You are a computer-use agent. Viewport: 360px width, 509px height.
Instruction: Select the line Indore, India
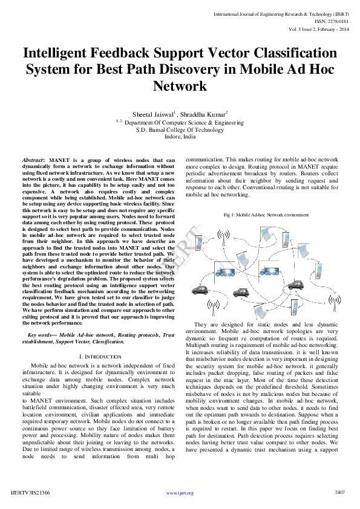pos(180,137)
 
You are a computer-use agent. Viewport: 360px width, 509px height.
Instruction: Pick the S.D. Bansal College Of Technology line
pos(180,129)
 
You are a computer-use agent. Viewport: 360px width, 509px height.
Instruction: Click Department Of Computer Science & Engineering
pos(184,122)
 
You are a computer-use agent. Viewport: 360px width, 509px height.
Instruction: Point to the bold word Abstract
pos(33,160)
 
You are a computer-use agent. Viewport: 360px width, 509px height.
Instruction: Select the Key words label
pos(42,334)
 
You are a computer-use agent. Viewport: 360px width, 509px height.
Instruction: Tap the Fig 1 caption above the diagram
pos(258,215)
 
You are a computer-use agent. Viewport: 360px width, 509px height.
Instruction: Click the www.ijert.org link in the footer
pos(180,493)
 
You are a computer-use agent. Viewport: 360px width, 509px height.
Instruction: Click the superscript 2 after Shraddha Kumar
pos(226,111)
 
